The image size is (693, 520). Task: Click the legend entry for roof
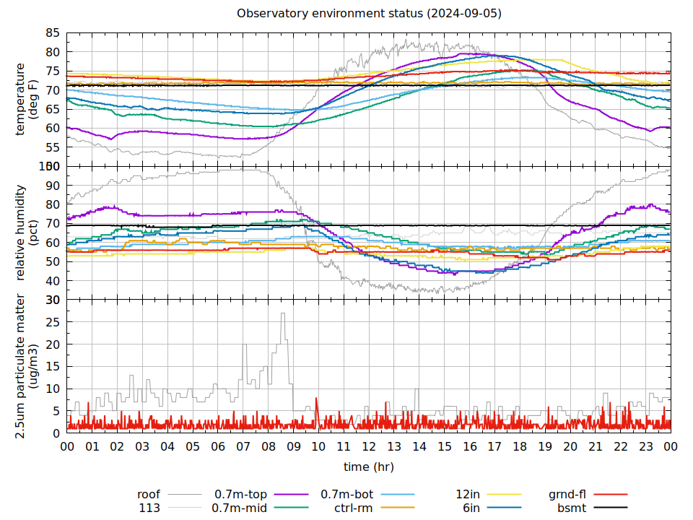149,495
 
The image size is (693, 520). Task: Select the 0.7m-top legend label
240,495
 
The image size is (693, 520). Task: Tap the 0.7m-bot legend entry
346,495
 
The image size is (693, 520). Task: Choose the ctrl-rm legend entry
354,508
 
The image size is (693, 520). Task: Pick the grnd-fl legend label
567,495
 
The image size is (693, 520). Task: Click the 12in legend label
468,495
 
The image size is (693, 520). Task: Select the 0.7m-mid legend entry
239,508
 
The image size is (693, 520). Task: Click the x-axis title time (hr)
368,467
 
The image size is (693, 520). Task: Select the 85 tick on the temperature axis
52,33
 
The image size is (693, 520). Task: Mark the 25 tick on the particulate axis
52,322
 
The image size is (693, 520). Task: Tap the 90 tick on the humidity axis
52,186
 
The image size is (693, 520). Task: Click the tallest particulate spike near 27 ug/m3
283,313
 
